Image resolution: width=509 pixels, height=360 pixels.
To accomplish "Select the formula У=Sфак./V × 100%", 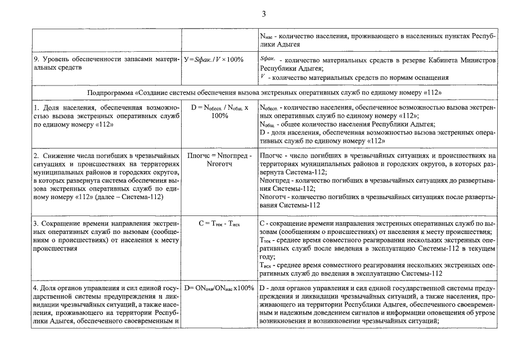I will click(214, 60).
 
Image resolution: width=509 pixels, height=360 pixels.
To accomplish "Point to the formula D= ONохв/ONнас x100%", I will click(219, 289).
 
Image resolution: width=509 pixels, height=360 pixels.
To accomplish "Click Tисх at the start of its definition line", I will click(267, 265).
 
